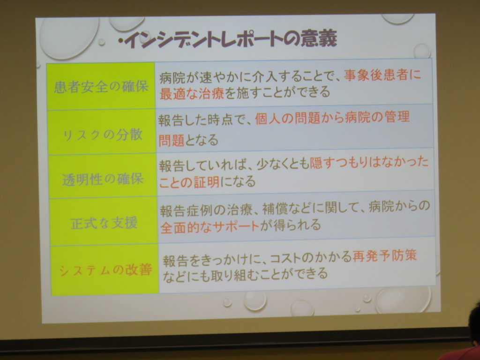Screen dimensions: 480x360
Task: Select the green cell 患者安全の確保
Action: [x=101, y=86]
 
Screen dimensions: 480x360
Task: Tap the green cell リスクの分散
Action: [x=102, y=132]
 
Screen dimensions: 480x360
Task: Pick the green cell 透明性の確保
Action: [x=103, y=176]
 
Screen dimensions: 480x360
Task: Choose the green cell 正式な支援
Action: [x=104, y=221]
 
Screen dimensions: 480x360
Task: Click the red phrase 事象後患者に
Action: [x=382, y=75]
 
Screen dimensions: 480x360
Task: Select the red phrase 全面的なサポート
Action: [x=210, y=227]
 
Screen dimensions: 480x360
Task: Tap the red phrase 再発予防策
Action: [x=384, y=256]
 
